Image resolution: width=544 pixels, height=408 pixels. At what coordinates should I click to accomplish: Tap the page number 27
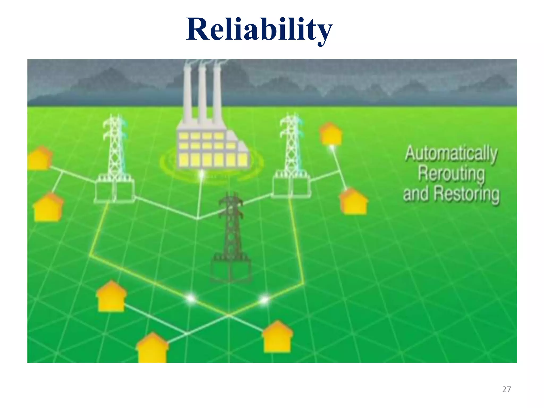point(506,389)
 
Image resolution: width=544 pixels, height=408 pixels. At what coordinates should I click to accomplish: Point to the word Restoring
point(466,194)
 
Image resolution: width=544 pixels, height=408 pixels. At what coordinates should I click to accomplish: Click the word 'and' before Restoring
point(416,193)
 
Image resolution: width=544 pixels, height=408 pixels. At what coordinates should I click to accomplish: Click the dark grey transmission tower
point(231,226)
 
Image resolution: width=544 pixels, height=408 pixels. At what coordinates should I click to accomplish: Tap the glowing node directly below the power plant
point(202,174)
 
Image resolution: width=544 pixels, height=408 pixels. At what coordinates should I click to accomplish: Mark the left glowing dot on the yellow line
point(191,299)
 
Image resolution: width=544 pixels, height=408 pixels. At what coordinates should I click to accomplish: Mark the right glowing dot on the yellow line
point(264,300)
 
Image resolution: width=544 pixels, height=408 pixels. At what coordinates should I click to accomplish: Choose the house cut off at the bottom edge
point(152,348)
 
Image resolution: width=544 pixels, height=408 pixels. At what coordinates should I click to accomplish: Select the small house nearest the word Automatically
point(331,134)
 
